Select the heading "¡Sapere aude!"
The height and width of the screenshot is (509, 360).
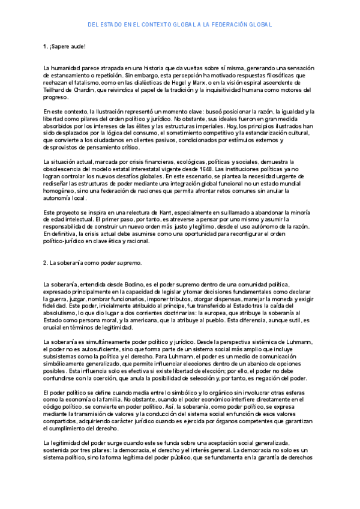68,46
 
